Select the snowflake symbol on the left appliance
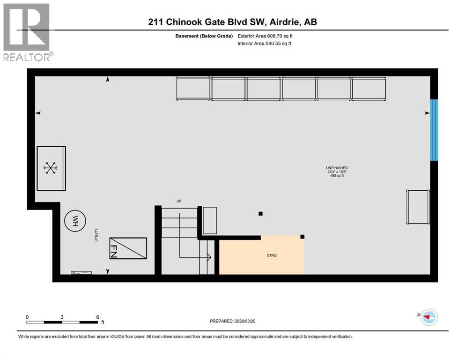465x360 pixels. click(x=50, y=168)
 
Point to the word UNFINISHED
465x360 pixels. click(x=337, y=168)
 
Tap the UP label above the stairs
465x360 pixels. click(x=179, y=201)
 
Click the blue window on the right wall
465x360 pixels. click(x=434, y=130)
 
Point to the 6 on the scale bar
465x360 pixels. click(x=97, y=317)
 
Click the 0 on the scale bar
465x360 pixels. click(x=27, y=317)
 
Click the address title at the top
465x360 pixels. click(x=232, y=22)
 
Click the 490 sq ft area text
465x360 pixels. click(x=337, y=176)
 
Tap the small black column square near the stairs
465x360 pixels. click(x=261, y=214)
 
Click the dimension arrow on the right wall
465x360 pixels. click(x=427, y=113)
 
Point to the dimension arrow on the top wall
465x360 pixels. click(x=108, y=80)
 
